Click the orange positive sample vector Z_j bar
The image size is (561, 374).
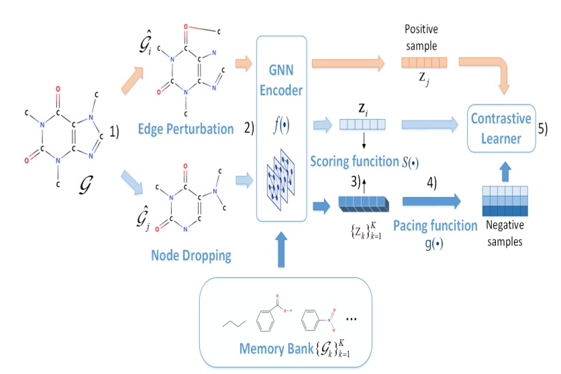(424, 64)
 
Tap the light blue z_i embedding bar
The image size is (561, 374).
(362, 123)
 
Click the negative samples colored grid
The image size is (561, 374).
(507, 202)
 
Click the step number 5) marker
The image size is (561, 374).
(542, 129)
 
